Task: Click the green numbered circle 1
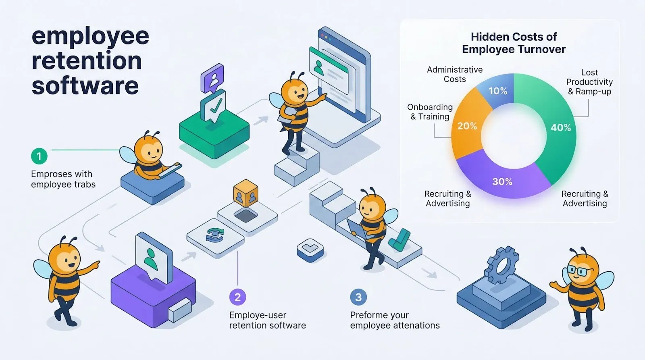(39, 156)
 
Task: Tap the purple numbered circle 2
(237, 298)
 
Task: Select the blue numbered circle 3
(358, 298)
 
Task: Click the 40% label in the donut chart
(561, 127)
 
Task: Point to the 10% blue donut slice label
(498, 91)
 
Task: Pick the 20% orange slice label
(467, 126)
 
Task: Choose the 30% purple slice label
(502, 182)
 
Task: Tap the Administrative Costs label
(455, 75)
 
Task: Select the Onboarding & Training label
(430, 112)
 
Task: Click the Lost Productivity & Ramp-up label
(589, 82)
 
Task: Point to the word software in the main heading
(85, 86)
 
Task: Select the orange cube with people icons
(246, 194)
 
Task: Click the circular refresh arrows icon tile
(215, 235)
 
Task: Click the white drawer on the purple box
(179, 310)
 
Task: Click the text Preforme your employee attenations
(395, 320)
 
